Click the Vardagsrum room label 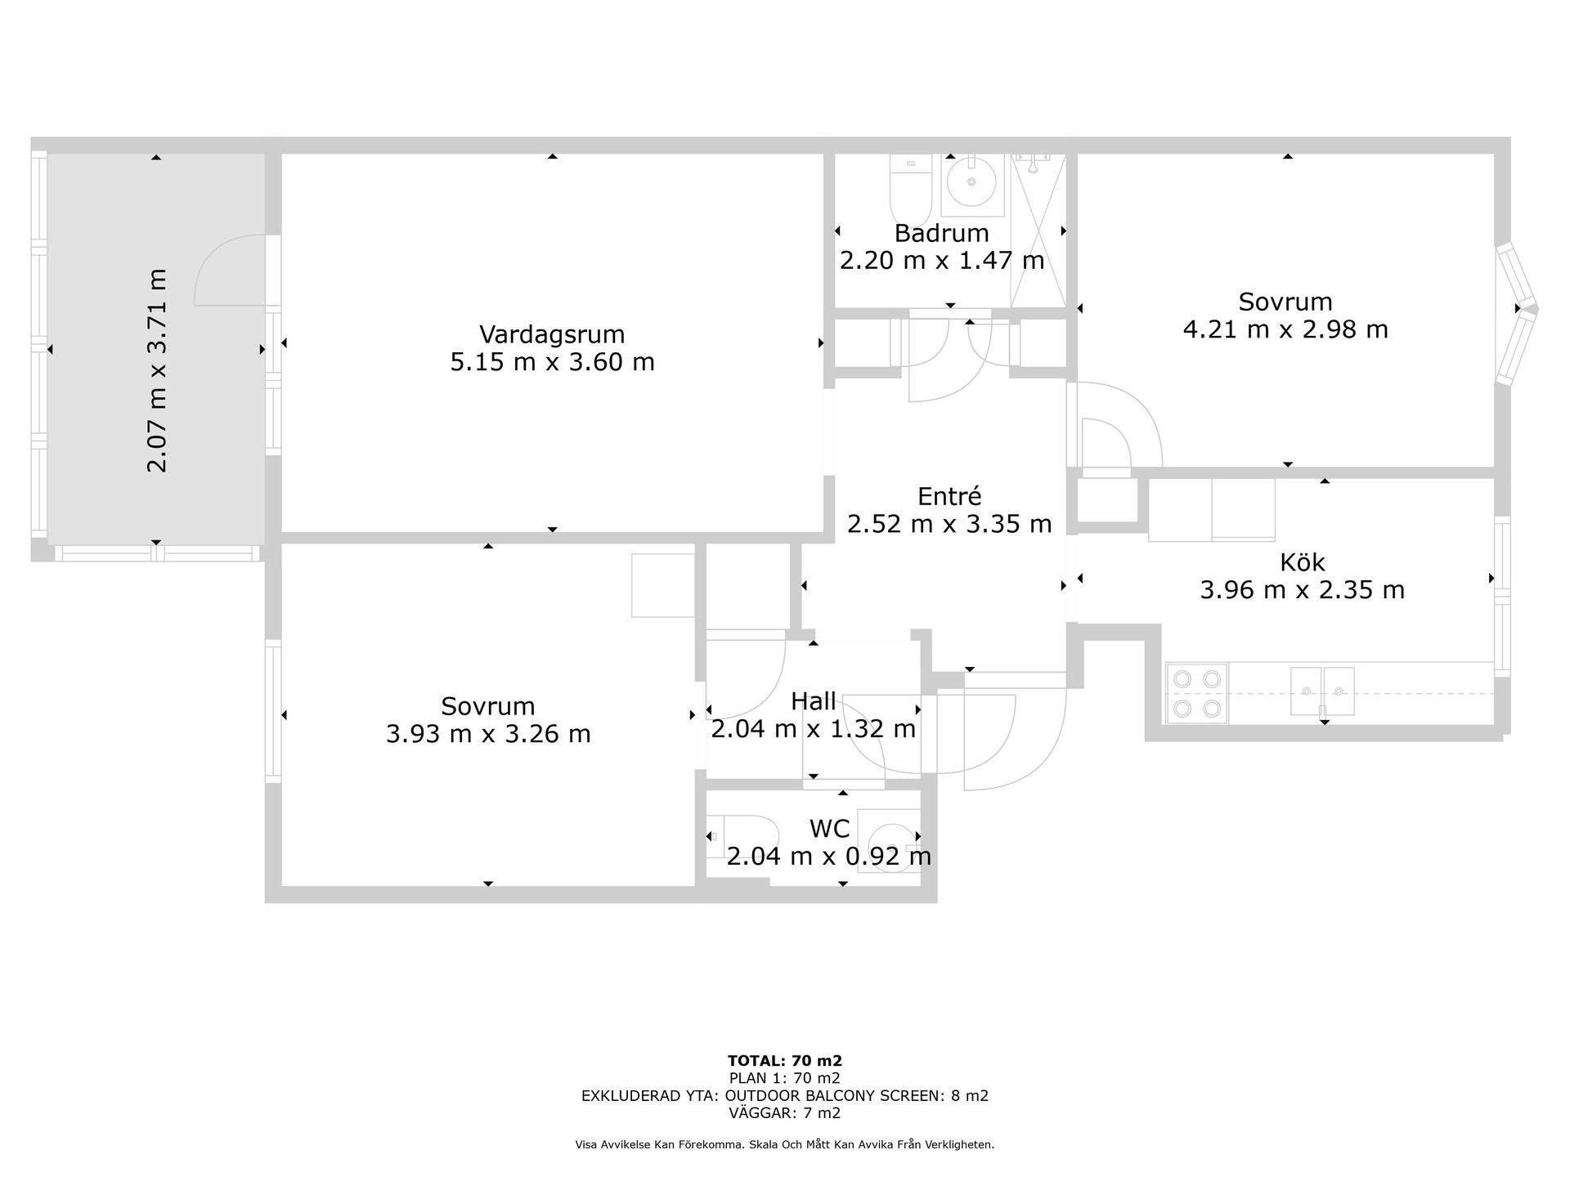[552, 334]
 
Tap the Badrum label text [941, 234]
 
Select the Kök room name [1302, 562]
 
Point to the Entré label [949, 496]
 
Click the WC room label [829, 829]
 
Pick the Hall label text [814, 701]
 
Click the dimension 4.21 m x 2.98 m [1285, 329]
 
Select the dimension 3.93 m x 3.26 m [488, 734]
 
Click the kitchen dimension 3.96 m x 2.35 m [1302, 589]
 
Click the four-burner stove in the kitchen [1196, 693]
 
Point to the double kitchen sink [1322, 691]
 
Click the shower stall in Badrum [1038, 230]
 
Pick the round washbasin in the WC [890, 842]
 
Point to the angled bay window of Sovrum [1518, 312]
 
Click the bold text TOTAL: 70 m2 [785, 1061]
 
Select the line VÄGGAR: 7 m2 [785, 1113]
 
